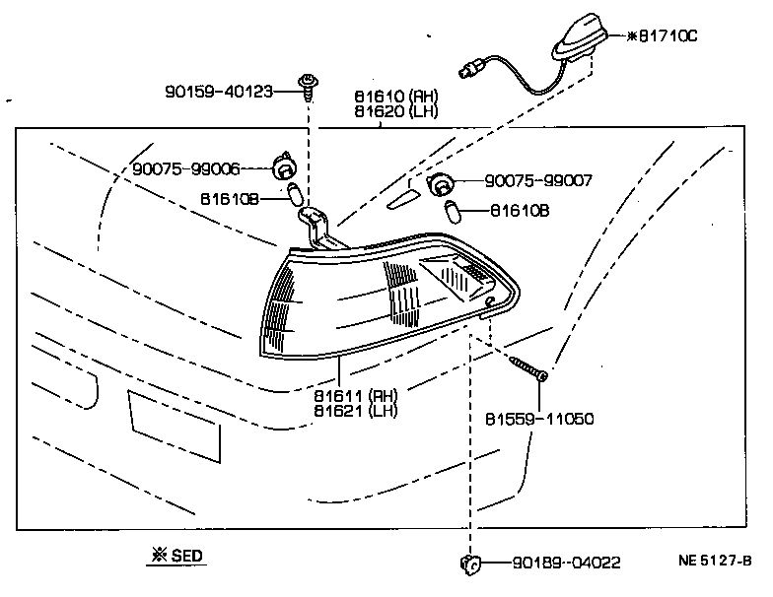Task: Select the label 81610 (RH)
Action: [x=397, y=98]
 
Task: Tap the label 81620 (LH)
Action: [x=397, y=112]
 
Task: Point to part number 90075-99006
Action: [x=186, y=168]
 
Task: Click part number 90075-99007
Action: [x=538, y=181]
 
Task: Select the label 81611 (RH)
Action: [x=356, y=396]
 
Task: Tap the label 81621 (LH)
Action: [x=356, y=411]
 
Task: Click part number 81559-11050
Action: [x=539, y=418]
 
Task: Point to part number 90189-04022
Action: [x=566, y=564]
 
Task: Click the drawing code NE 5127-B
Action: [x=715, y=562]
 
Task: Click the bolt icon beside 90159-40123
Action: [x=307, y=87]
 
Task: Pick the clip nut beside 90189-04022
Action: [x=469, y=564]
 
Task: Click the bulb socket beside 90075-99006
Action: [x=286, y=168]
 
